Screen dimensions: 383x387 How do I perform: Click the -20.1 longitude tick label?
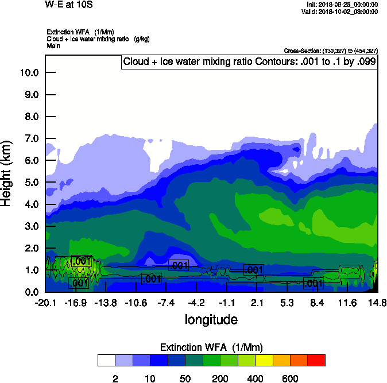point(45,303)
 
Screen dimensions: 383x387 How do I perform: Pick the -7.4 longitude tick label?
point(166,303)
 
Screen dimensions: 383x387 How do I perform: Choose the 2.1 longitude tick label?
point(257,303)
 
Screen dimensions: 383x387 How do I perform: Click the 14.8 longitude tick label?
point(377,303)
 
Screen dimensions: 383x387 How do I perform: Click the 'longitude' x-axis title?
point(211,319)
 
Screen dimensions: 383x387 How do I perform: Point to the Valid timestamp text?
point(341,11)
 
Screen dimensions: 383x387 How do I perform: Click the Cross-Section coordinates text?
point(331,51)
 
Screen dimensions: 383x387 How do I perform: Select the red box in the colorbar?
point(316,360)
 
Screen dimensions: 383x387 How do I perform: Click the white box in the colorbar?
point(106,360)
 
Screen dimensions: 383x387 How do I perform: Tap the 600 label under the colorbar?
point(290,378)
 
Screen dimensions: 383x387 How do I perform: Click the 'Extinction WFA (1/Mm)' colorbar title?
point(211,347)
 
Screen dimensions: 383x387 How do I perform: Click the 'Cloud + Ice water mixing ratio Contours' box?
point(249,62)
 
